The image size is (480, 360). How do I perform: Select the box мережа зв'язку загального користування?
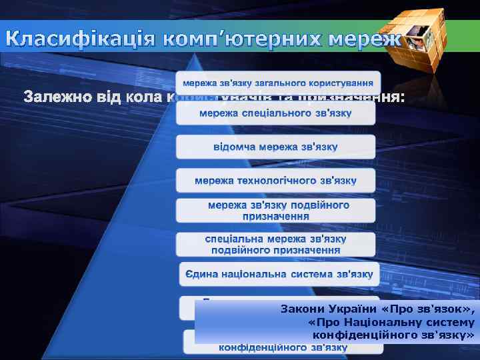point(278,83)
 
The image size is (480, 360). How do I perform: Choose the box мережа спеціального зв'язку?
point(275,113)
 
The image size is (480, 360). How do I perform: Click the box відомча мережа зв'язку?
point(275,147)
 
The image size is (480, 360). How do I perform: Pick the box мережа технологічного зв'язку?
point(275,181)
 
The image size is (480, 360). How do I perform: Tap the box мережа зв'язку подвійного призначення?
point(275,211)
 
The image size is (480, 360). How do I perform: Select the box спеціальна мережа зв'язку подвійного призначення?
point(275,244)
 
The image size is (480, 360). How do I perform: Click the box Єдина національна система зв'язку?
point(278,274)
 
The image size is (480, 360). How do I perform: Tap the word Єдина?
point(199,274)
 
